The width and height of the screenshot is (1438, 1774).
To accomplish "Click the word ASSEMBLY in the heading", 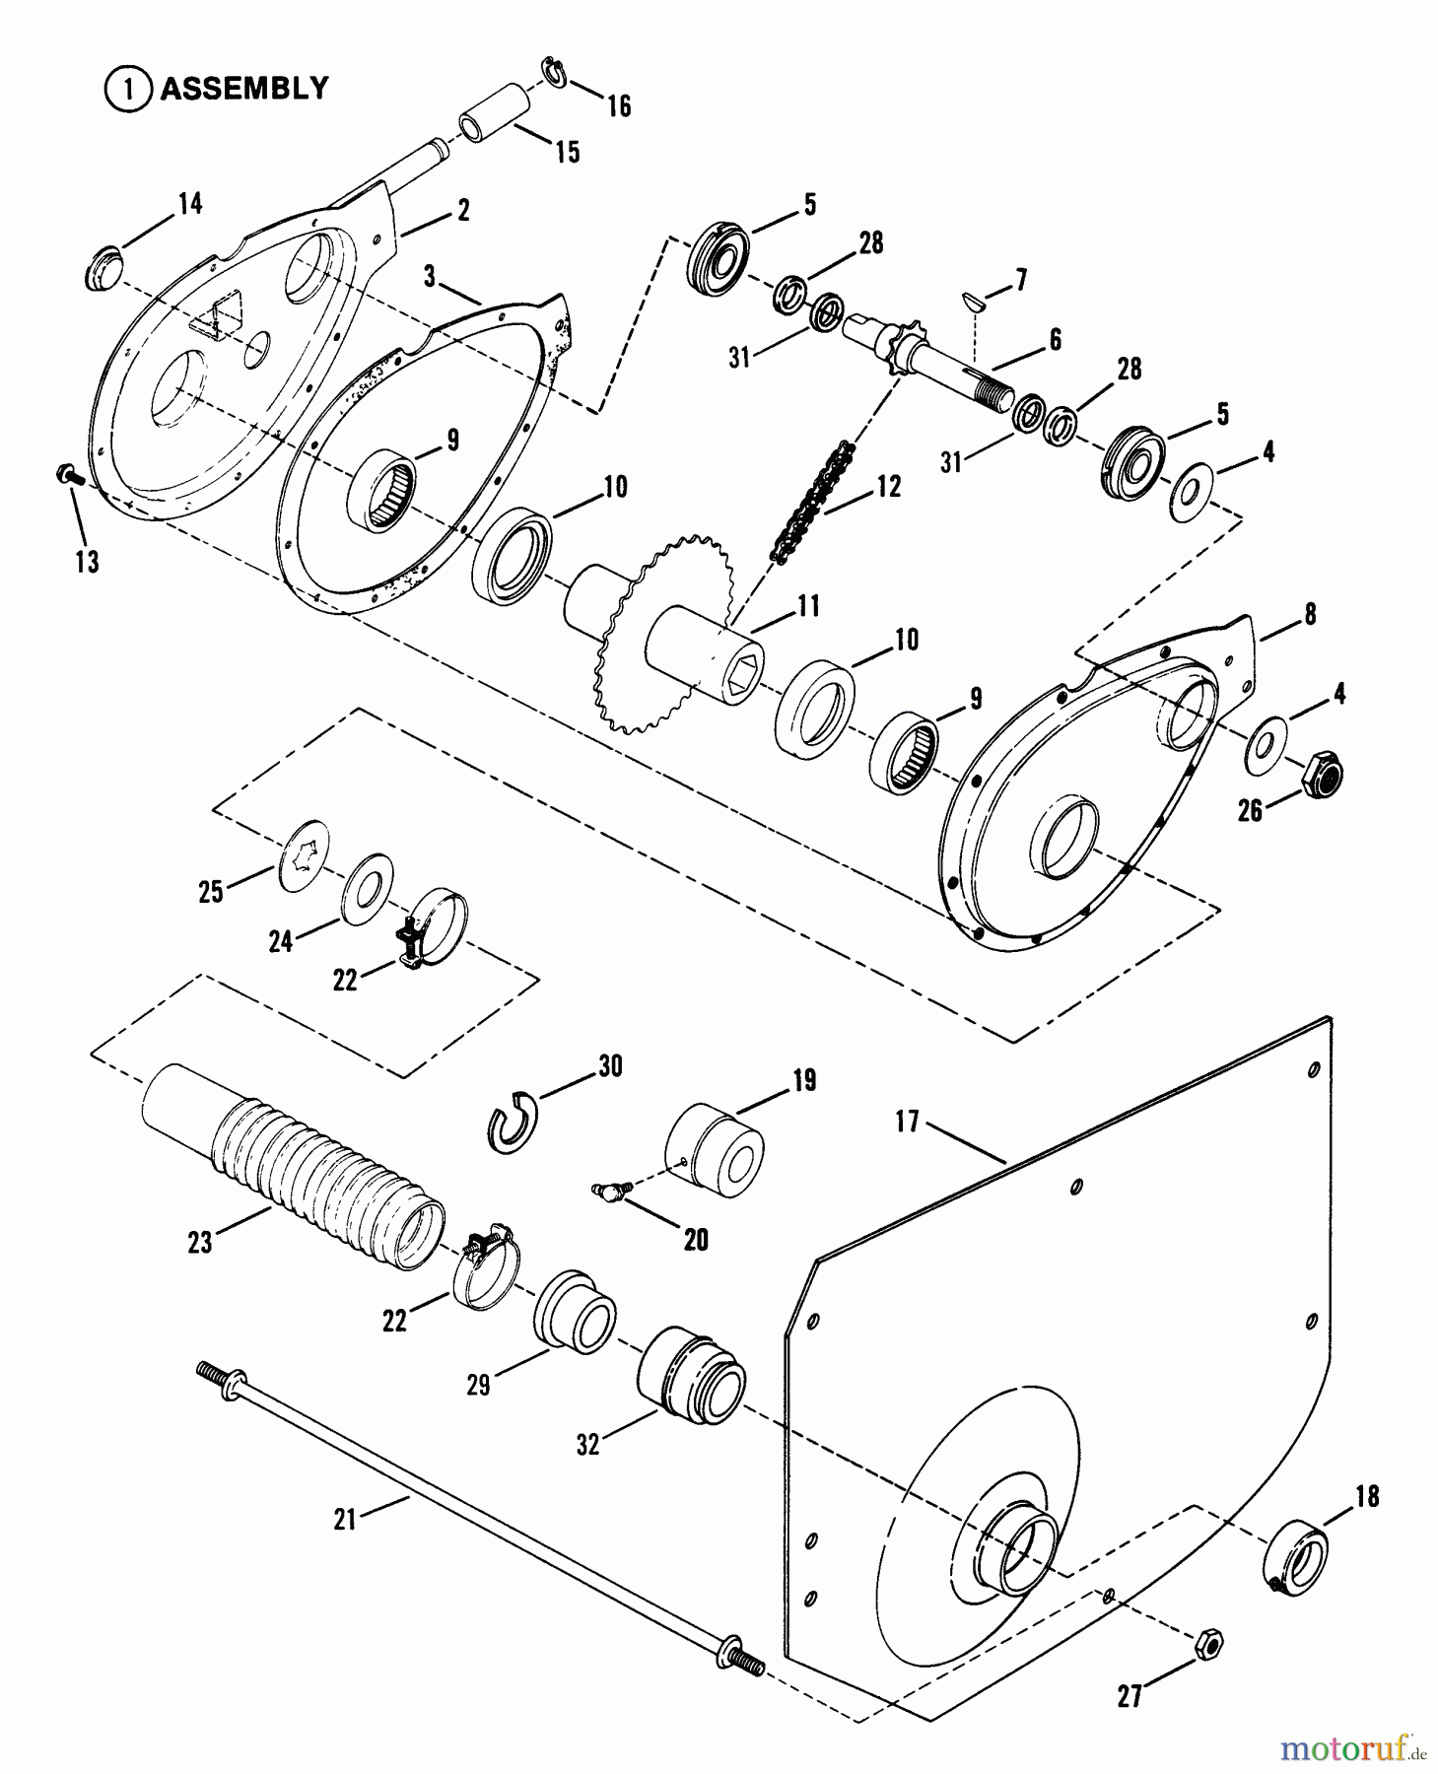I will point(243,89).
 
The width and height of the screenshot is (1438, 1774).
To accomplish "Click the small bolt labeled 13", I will point(67,476).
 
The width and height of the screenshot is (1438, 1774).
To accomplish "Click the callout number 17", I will point(907,1121).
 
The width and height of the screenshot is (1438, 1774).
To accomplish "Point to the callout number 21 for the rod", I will point(345,1520).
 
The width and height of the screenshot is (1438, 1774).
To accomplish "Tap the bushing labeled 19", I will point(715,1150).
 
